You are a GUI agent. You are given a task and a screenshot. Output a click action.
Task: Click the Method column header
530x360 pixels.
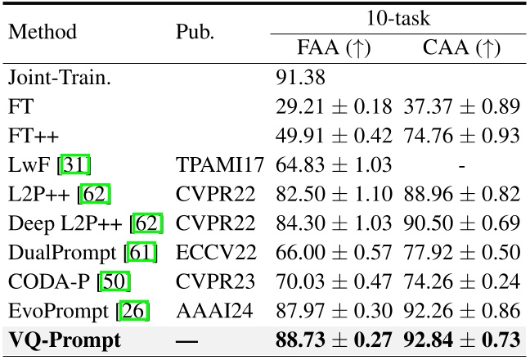click(x=42, y=33)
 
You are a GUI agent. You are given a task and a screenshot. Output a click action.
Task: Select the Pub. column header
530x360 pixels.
click(x=195, y=33)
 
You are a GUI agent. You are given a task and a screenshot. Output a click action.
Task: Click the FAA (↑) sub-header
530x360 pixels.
click(x=334, y=47)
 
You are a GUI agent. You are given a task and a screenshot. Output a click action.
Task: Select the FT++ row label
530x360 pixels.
click(x=28, y=136)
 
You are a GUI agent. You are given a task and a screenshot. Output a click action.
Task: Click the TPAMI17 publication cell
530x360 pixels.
click(x=220, y=164)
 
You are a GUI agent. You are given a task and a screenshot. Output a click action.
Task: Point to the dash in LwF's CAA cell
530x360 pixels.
click(x=461, y=164)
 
